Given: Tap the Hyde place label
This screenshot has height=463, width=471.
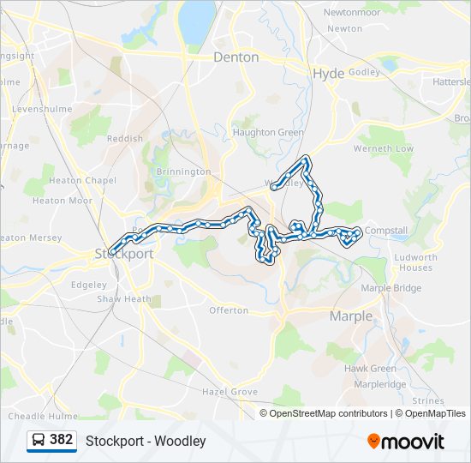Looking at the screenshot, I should (328, 74).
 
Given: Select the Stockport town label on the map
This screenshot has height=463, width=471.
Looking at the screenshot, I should (124, 254).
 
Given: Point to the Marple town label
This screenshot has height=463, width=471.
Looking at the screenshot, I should (351, 316).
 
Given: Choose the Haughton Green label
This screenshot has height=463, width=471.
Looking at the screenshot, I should (268, 133).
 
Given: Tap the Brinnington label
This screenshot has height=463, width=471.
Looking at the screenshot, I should (183, 171).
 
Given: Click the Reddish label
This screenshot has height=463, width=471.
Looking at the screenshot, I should (125, 138).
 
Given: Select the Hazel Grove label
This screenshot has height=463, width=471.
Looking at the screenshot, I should (230, 391).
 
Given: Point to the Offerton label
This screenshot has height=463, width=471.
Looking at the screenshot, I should (229, 310).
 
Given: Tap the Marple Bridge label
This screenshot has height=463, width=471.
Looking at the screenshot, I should (391, 288).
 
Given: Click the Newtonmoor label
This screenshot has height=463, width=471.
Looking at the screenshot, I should (351, 12).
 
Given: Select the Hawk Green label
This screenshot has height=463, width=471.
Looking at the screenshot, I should (370, 369).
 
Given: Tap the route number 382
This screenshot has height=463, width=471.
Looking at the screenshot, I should (62, 440).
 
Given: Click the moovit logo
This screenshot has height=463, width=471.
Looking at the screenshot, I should (406, 442).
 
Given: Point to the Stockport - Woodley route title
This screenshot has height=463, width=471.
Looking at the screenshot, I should (146, 441).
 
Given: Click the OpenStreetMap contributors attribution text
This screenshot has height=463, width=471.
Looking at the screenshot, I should (328, 413).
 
